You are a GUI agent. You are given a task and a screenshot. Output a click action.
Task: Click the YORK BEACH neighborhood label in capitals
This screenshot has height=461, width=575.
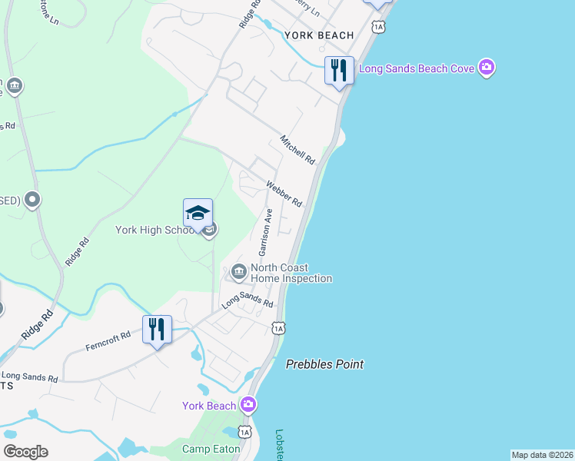[319, 35]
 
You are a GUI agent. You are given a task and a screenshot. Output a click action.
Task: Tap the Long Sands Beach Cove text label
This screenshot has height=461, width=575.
[418, 69]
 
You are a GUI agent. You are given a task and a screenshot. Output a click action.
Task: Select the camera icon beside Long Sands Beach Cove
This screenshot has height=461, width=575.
[486, 68]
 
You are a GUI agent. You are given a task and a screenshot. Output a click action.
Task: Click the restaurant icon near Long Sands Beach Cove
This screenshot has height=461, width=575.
[339, 71]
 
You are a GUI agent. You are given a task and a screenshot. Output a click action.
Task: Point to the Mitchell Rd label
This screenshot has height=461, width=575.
[297, 151]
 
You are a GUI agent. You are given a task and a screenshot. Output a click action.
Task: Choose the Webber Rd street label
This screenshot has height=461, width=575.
[284, 194]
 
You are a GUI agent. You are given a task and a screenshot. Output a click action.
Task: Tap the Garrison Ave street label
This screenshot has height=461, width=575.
[266, 232]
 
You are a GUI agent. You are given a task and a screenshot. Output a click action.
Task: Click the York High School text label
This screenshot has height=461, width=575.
[157, 229]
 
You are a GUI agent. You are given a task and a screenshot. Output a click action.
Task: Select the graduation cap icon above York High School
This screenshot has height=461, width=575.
[198, 213]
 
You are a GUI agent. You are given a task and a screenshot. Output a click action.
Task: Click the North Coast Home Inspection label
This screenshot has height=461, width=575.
[291, 273]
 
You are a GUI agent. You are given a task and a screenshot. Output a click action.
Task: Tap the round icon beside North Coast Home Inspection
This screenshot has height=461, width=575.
[238, 271]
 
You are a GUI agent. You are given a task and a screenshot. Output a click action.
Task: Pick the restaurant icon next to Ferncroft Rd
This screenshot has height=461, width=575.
[157, 330]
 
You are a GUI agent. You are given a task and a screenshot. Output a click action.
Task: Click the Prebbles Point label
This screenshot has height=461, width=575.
[324, 364]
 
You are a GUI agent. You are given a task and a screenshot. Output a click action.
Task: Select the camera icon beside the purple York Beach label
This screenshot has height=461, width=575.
[248, 404]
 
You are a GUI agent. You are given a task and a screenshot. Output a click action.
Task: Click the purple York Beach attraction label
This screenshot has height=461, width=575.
[209, 406]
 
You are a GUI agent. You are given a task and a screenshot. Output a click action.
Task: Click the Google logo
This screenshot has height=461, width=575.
[25, 452]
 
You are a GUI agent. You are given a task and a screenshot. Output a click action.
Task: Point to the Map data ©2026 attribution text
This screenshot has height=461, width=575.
[542, 455]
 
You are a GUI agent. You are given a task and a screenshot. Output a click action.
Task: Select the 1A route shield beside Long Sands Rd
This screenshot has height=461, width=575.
[278, 328]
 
